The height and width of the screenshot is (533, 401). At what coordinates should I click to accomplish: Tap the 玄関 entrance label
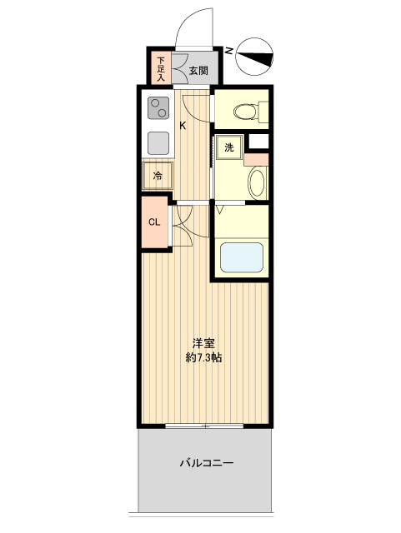198,70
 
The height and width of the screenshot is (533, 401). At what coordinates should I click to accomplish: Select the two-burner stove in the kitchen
158,110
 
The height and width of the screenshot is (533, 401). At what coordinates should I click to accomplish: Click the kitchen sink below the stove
158,143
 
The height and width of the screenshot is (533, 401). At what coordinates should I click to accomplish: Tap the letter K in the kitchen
183,126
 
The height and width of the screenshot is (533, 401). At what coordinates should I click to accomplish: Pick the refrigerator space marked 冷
158,177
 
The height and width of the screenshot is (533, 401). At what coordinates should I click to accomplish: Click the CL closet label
154,222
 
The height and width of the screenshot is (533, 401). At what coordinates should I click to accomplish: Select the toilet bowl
247,111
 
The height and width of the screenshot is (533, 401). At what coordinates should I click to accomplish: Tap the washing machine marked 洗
229,147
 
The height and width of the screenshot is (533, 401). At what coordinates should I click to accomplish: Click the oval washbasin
256,182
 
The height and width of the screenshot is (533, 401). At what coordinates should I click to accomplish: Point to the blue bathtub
241,258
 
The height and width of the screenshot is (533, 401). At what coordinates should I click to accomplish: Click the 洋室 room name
204,342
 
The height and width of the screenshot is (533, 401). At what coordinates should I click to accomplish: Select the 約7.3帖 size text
204,358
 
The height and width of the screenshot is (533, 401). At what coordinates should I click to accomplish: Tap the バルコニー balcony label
206,463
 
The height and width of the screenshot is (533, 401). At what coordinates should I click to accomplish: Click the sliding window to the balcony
204,426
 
